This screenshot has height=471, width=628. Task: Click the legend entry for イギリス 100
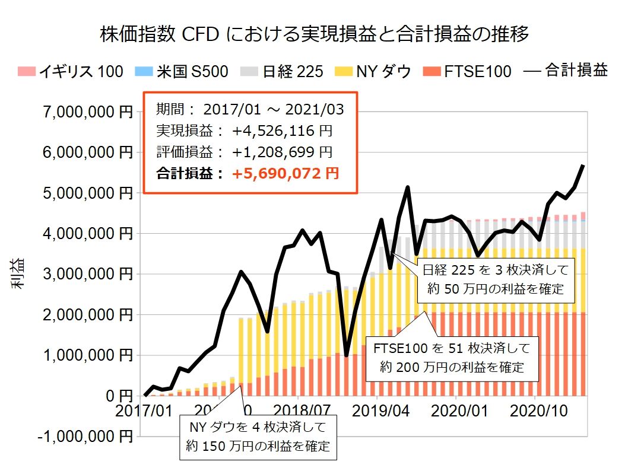(x=71, y=72)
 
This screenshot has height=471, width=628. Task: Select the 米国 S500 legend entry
(x=185, y=72)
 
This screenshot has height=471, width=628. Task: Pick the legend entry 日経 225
(x=284, y=72)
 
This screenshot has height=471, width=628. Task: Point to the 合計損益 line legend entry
(x=566, y=72)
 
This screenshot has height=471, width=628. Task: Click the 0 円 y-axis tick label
(x=116, y=396)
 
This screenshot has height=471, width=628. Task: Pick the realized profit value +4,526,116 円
(x=281, y=131)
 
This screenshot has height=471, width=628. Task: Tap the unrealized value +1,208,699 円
(x=281, y=152)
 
